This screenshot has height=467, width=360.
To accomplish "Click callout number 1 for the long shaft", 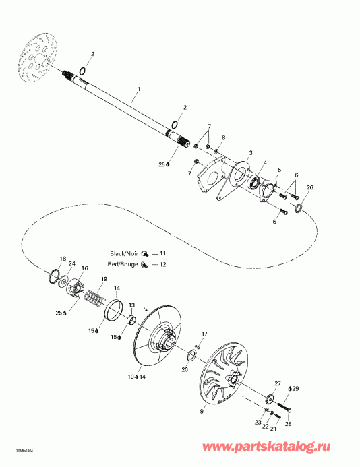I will coord(139,89).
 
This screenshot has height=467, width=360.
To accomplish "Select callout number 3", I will coord(251,153).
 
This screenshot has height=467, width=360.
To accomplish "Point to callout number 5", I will coord(279,170).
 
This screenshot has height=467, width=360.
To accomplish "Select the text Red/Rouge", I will coord(124,265).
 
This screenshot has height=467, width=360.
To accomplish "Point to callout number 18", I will coord(63,259).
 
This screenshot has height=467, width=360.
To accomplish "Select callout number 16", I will coord(84,268).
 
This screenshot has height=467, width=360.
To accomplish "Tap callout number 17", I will coord(204,334).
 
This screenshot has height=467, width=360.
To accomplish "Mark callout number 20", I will coord(185,369).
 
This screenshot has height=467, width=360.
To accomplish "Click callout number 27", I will coord(277,384).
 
